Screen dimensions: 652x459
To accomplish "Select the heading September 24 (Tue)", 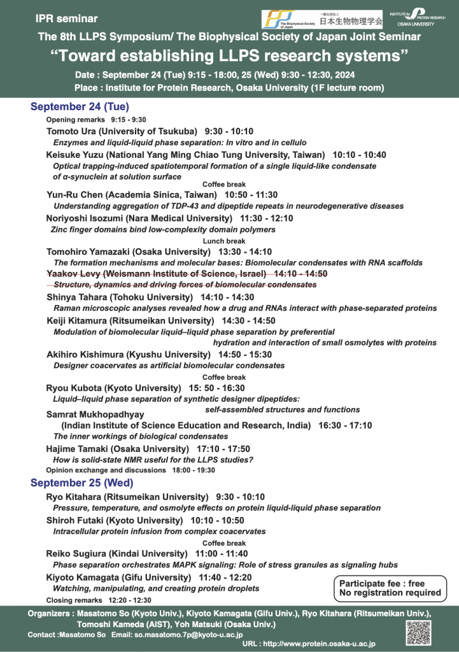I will [80, 107].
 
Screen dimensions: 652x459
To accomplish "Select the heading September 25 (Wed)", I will [81, 483].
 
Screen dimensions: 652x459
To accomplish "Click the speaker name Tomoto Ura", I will [71, 131].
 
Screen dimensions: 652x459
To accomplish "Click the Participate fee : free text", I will [382, 583].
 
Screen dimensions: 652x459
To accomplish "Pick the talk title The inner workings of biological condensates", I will [141, 436].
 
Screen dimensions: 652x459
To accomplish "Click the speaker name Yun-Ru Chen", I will [74, 194].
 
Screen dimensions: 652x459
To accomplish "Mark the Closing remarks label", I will [74, 600].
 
